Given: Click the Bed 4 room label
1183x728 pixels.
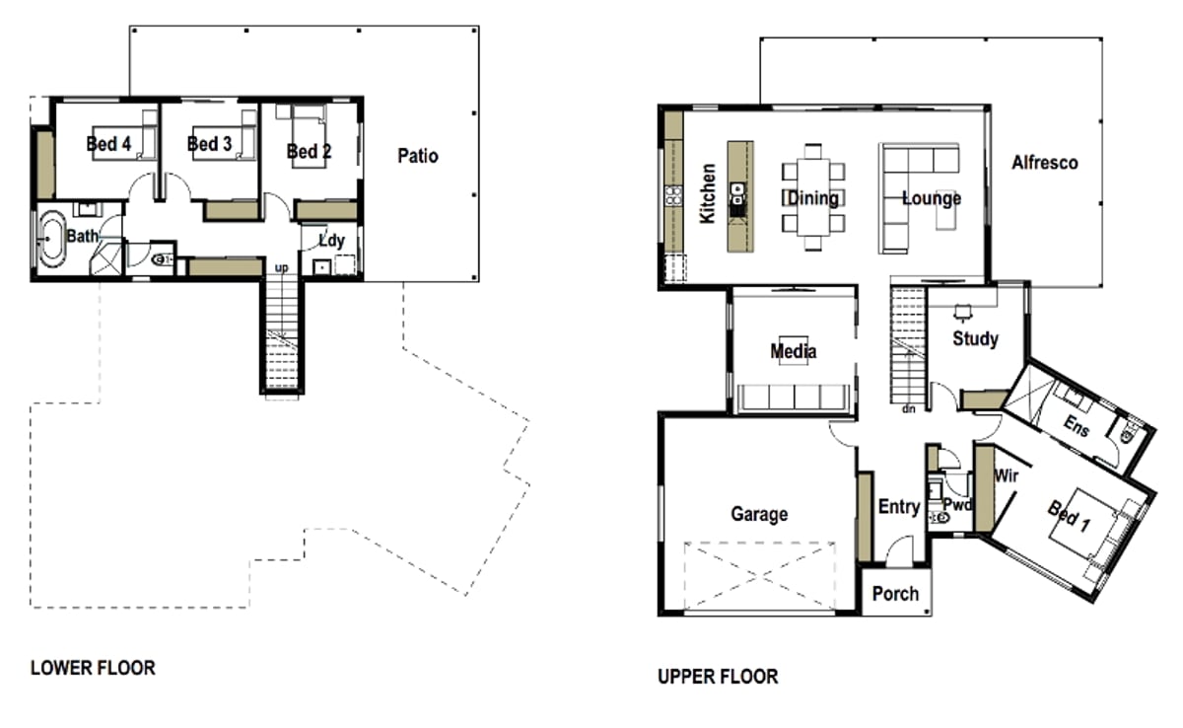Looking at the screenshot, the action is [x=108, y=144].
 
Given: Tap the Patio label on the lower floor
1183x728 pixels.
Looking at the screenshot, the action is [x=418, y=156].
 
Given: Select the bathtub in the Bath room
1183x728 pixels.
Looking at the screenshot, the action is [x=51, y=239].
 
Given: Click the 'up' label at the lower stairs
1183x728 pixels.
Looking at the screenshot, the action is [x=282, y=268].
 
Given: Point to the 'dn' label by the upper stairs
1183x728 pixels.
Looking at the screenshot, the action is [x=908, y=408].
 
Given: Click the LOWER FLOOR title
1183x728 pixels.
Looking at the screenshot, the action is [x=93, y=668].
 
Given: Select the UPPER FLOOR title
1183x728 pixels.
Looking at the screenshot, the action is [x=718, y=677].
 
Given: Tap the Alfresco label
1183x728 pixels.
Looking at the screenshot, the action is [x=1045, y=163].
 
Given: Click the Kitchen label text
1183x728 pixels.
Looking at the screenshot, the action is [x=707, y=193].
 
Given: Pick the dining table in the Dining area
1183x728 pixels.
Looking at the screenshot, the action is [x=812, y=196].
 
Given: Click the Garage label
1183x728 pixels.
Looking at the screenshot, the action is [x=759, y=514].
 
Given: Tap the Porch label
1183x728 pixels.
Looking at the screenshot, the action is [x=895, y=594].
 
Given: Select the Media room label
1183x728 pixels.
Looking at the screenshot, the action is [x=794, y=351].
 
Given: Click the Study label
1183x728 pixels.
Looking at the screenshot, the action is [x=975, y=338].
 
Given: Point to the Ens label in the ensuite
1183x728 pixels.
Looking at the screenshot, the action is [x=1077, y=426].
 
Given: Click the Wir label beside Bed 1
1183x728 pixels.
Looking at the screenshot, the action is [x=1007, y=476].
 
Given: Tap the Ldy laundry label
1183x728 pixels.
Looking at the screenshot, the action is [x=331, y=241].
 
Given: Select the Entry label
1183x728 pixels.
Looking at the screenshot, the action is [x=899, y=507].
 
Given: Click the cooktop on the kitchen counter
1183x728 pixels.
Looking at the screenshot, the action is [x=673, y=195].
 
